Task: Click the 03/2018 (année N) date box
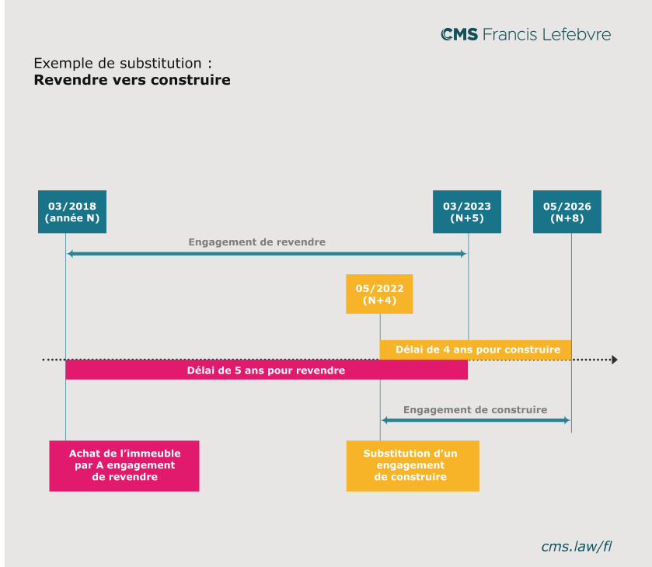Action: click(x=72, y=211)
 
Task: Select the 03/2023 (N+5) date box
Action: click(x=466, y=211)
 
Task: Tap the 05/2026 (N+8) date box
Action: click(x=567, y=211)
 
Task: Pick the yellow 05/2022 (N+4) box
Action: click(x=379, y=294)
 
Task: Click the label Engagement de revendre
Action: click(x=257, y=242)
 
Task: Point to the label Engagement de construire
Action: click(x=476, y=410)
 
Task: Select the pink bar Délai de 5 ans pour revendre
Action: click(x=267, y=370)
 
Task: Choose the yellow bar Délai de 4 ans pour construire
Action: click(x=476, y=350)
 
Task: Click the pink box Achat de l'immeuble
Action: click(x=124, y=466)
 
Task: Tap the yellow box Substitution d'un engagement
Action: click(x=413, y=466)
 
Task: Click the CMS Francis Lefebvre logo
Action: click(x=525, y=34)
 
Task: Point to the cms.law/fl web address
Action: click(x=577, y=546)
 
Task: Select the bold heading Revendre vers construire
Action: click(x=132, y=80)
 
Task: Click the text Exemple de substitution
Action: click(x=117, y=63)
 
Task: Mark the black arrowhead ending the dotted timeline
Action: click(x=615, y=360)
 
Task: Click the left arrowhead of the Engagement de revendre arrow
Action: click(x=70, y=253)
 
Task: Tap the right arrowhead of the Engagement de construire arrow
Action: click(x=567, y=420)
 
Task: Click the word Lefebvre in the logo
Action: click(x=577, y=34)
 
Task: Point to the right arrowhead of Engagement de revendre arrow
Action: click(x=464, y=253)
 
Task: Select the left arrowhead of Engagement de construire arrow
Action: click(x=385, y=420)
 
